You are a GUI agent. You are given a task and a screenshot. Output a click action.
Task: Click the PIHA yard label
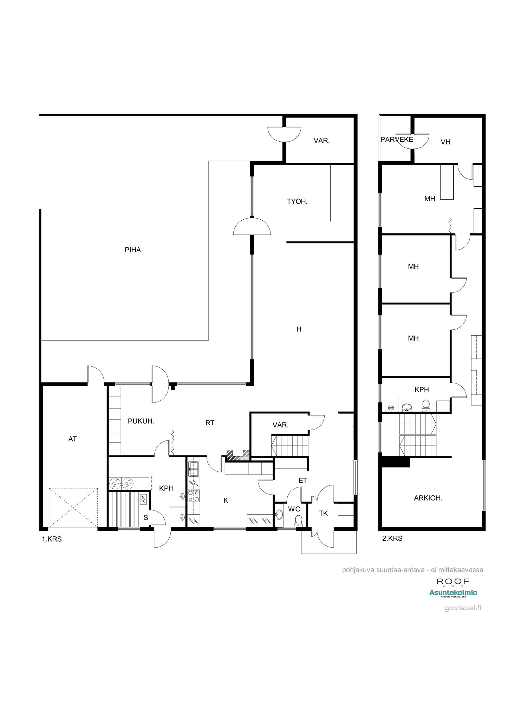[x=133, y=250]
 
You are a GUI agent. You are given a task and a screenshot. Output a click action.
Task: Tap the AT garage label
[x=72, y=439]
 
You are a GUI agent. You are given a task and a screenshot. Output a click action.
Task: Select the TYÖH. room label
[x=297, y=201]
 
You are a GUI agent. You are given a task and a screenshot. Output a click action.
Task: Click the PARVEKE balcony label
[x=397, y=140]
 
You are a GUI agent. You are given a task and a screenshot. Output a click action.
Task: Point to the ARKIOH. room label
[x=428, y=498]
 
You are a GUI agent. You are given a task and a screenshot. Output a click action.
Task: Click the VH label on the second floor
[x=445, y=142]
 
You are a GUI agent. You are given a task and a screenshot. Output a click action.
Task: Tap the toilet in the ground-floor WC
[x=299, y=520]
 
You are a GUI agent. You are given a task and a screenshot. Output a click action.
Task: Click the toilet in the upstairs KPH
[x=426, y=405]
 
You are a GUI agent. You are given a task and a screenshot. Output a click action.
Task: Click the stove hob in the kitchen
[x=193, y=496]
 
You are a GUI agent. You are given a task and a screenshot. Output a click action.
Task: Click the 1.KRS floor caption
[x=52, y=539]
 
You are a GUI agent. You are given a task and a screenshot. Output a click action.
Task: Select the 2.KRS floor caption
[x=392, y=538]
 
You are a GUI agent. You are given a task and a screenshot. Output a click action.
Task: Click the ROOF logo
[x=453, y=582]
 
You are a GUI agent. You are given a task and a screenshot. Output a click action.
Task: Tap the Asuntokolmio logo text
[x=453, y=593]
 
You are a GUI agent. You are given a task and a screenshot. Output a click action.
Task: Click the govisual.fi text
[x=463, y=608]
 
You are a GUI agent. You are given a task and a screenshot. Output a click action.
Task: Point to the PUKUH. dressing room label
[x=141, y=421]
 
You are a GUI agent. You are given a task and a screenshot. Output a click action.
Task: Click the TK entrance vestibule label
[x=323, y=513]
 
